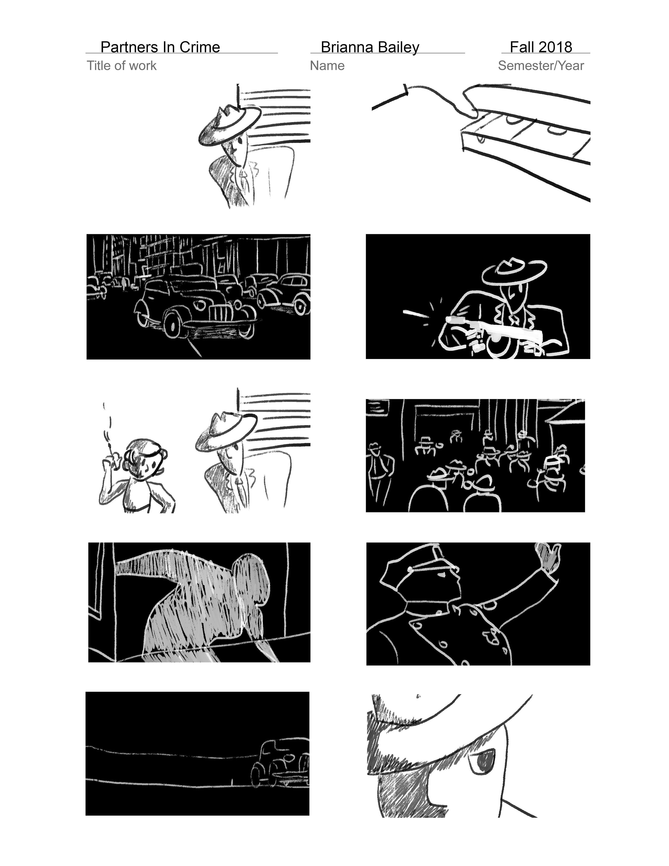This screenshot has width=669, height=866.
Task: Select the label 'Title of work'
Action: [x=122, y=66]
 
